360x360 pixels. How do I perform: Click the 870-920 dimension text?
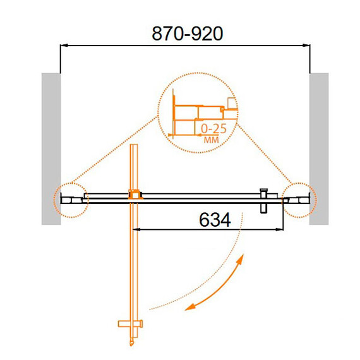pyautogui.click(x=187, y=33)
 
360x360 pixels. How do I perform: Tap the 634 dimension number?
pyautogui.click(x=215, y=220)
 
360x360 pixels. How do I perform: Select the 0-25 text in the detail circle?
pyautogui.click(x=213, y=129)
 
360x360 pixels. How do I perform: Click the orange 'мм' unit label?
pyautogui.click(x=211, y=140)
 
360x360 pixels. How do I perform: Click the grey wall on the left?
pyautogui.click(x=51, y=149)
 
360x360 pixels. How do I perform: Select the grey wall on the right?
pyautogui.click(x=319, y=149)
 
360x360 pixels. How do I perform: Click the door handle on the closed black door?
pyautogui.click(x=263, y=201)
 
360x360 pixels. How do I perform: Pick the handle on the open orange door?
pyautogui.click(x=130, y=324)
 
